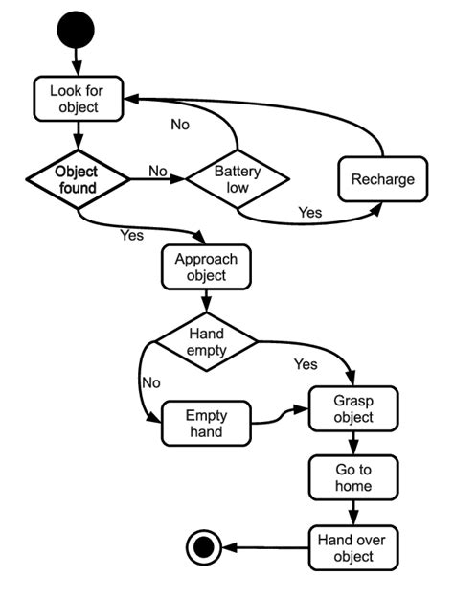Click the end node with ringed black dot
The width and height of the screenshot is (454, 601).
(x=203, y=547)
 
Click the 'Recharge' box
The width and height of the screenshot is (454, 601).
(x=382, y=179)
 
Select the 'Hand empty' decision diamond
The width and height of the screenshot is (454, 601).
(x=207, y=342)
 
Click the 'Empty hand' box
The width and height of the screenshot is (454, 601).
(x=206, y=425)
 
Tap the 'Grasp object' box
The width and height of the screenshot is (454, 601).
(x=353, y=409)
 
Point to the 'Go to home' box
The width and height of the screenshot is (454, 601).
(x=353, y=477)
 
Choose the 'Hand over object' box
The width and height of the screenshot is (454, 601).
(x=353, y=546)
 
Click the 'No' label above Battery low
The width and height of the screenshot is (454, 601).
(x=180, y=125)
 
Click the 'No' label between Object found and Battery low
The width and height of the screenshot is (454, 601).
(x=158, y=171)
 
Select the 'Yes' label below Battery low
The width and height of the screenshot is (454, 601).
(x=310, y=213)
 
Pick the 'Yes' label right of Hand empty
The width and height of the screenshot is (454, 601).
(x=306, y=364)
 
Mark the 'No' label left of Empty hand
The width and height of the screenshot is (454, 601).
(x=150, y=381)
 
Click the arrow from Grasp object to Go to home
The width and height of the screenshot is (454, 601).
(x=353, y=443)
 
